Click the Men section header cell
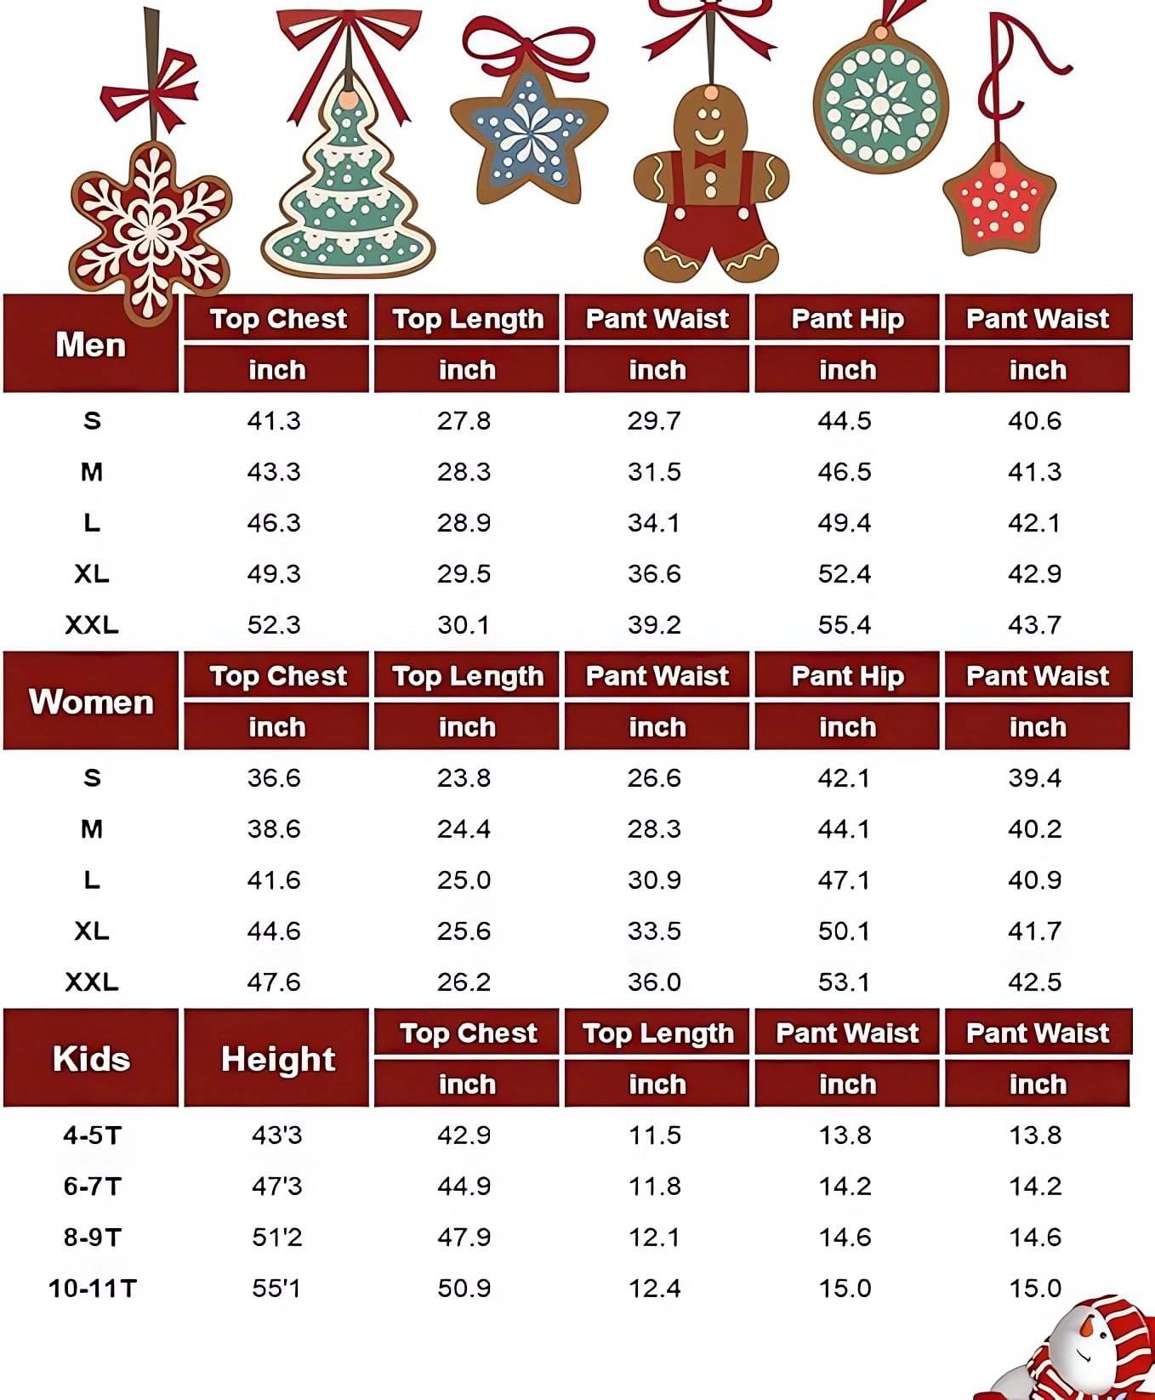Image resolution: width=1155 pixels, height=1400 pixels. click(x=91, y=344)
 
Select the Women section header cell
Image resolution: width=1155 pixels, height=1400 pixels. click(x=91, y=702)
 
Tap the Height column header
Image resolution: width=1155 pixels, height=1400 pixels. click(x=277, y=1059)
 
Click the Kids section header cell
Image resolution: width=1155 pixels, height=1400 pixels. click(x=91, y=1059)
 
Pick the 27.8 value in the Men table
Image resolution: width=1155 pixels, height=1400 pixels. click(x=464, y=421)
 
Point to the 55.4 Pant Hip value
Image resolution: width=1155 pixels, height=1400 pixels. click(x=845, y=625)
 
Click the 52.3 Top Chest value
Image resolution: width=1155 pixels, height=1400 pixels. click(x=274, y=625)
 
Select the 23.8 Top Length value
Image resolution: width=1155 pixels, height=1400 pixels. click(x=464, y=778)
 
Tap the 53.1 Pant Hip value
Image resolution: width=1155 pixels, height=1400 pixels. click(x=845, y=982)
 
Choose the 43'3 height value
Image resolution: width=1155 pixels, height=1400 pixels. click(x=276, y=1135)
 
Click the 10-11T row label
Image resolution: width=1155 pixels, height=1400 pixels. click(x=92, y=1289)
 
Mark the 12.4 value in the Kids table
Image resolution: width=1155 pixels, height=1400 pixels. click(x=655, y=1289)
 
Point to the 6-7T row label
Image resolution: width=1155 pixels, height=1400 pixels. click(x=92, y=1187)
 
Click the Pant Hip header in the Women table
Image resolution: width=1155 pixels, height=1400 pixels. click(x=847, y=676)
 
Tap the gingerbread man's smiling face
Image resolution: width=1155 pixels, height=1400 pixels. click(x=709, y=128)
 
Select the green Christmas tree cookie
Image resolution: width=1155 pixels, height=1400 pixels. click(x=349, y=196)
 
